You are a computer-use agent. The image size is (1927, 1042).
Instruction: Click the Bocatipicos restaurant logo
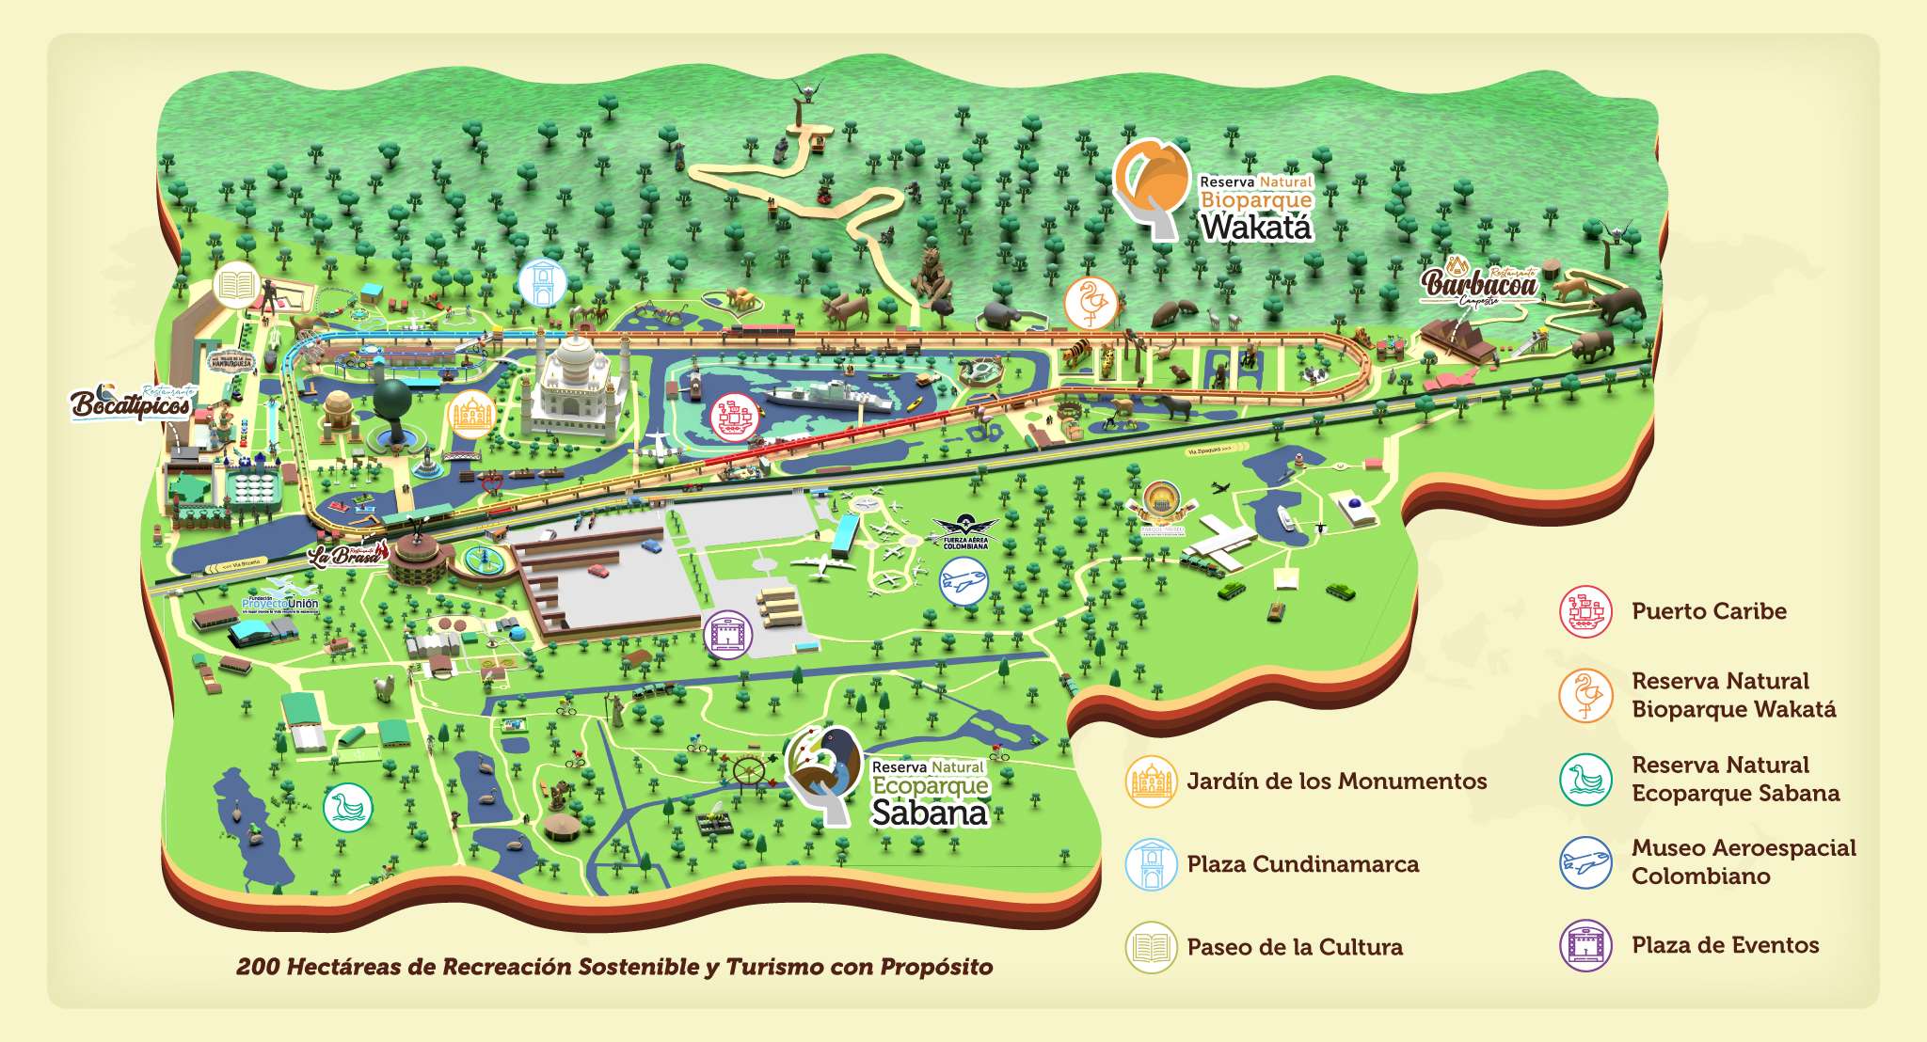pos(132,403)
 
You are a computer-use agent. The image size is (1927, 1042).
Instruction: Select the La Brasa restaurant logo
pos(345,555)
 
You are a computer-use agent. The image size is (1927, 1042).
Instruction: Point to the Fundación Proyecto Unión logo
pos(279,601)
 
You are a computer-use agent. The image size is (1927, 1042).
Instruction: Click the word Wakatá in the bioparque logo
pos(1255,228)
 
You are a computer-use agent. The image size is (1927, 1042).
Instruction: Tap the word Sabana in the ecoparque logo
pos(930,813)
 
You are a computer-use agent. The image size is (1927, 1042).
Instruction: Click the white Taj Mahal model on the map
pos(576,386)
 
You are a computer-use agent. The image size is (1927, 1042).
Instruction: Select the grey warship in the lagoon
pos(828,396)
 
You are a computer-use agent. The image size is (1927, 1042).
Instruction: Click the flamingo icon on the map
pos(1091,303)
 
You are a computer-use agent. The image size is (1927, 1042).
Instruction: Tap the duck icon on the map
pos(348,807)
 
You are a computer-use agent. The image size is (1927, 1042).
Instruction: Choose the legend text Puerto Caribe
pos(1709,611)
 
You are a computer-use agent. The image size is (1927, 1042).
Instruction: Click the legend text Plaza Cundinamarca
pos(1302,864)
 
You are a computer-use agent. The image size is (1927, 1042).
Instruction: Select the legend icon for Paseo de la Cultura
pos(1151,947)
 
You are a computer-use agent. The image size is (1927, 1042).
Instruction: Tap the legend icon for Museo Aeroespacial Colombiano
pos(1585,862)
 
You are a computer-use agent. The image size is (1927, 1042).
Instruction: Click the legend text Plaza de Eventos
pos(1725,945)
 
